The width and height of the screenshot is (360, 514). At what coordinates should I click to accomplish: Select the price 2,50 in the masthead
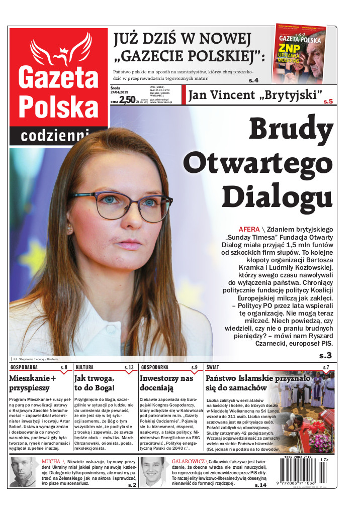(128, 99)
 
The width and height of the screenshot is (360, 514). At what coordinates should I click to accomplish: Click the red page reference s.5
(328, 101)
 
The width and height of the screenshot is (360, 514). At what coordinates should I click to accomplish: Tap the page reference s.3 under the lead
(325, 355)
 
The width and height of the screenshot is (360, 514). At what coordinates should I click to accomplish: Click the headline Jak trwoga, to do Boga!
(95, 382)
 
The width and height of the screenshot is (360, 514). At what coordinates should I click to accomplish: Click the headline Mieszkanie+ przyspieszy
(33, 382)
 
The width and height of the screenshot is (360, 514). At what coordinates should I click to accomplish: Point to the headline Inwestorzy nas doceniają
(166, 382)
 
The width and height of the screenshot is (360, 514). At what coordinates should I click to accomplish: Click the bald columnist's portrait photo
(23, 472)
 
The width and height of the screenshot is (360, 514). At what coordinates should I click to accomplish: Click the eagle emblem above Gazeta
(58, 52)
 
